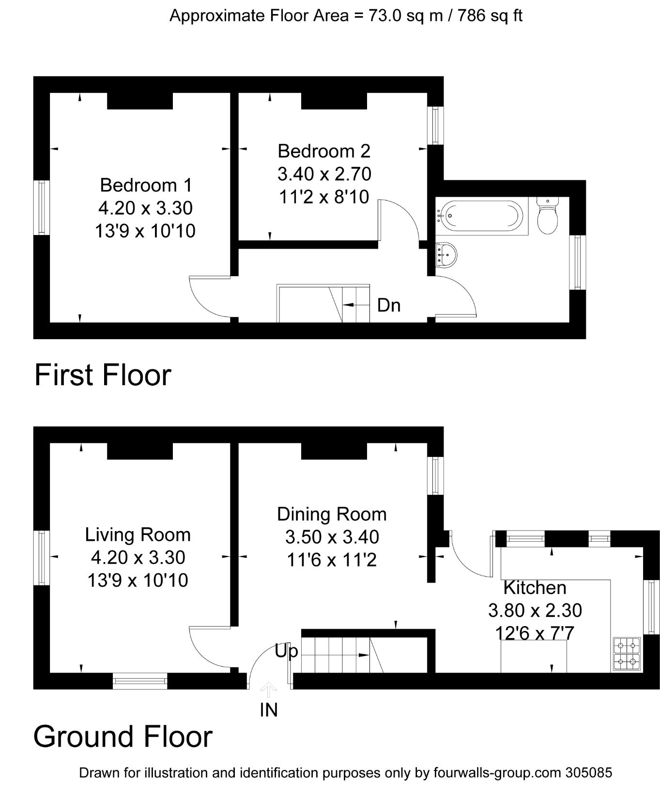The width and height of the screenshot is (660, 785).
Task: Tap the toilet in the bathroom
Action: pos(548,216)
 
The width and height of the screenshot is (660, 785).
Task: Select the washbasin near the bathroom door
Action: pos(446,254)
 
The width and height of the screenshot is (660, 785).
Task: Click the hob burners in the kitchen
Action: pos(627,653)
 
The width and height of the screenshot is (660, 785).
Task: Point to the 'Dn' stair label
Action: pos(389,305)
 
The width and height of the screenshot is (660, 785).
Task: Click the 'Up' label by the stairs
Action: pos(286,651)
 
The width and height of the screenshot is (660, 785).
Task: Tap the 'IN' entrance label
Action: pos(269,710)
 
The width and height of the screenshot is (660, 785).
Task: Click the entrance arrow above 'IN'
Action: pos(269,689)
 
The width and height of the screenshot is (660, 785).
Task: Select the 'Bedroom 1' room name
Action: pos(146,185)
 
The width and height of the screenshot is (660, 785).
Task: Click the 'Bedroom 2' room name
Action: pos(324,151)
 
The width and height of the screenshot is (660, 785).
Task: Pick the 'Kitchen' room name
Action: pos(535,587)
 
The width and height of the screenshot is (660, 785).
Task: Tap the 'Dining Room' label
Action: pos(332,514)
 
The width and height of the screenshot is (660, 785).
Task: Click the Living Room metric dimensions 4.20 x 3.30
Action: pos(138,557)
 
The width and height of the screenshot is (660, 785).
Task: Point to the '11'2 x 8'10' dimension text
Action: pos(324,197)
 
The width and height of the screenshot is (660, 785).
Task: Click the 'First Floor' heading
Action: pos(103,375)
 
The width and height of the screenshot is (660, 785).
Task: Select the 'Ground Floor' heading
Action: pos(123,737)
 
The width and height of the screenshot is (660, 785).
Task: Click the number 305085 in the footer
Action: pos(588,772)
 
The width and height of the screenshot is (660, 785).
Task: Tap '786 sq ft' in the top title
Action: pos(490,16)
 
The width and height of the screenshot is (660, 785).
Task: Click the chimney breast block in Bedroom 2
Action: pos(334,101)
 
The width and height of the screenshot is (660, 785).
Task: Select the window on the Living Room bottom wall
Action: pos(140,681)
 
